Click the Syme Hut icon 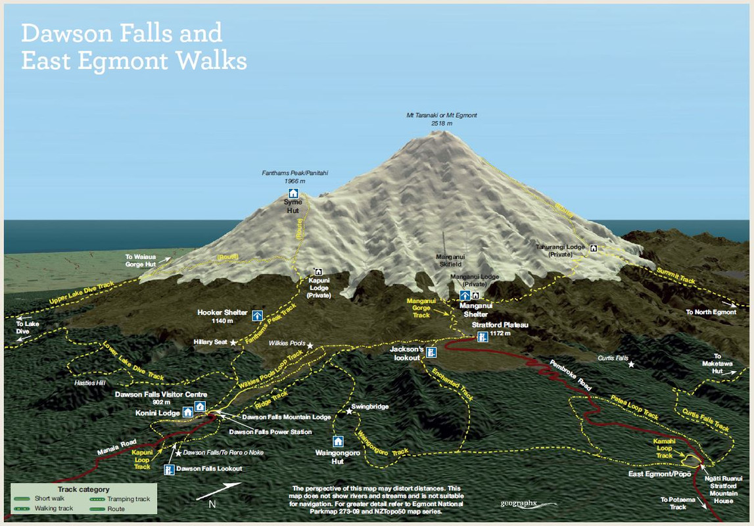point(293,193)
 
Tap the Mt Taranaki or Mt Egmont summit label point(441,119)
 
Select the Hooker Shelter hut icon point(257,316)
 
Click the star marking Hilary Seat point(233,343)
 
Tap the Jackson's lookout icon point(431,352)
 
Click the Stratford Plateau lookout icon point(483,337)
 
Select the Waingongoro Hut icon point(338,441)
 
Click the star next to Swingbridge point(349,412)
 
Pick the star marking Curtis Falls point(631,364)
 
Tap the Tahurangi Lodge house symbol point(594,248)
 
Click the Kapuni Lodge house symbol point(318,272)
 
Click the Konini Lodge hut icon point(187,412)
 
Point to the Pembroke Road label point(571,375)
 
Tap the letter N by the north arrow point(212,504)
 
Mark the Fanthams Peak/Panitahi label point(295,176)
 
